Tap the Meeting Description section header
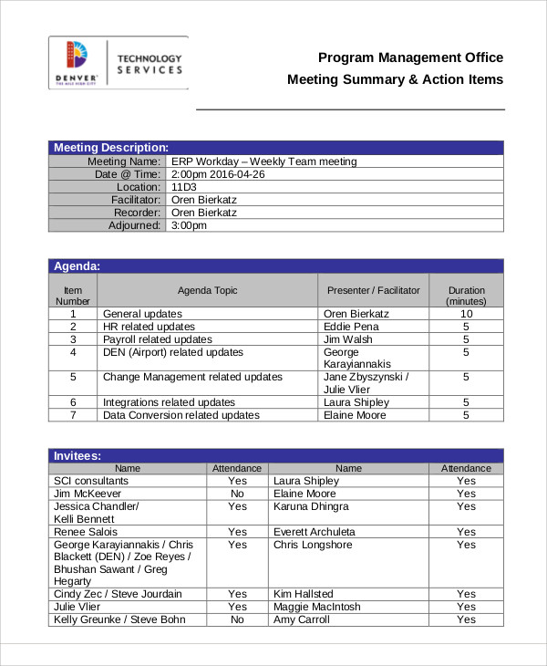110,148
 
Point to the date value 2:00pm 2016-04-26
218,174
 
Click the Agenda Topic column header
207,291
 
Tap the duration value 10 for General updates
466,314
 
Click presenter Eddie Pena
350,327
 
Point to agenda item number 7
73,415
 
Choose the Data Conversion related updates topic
181,415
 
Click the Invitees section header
77,455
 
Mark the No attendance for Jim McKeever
237,494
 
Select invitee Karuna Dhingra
310,506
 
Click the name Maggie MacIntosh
316,607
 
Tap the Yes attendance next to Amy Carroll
466,619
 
